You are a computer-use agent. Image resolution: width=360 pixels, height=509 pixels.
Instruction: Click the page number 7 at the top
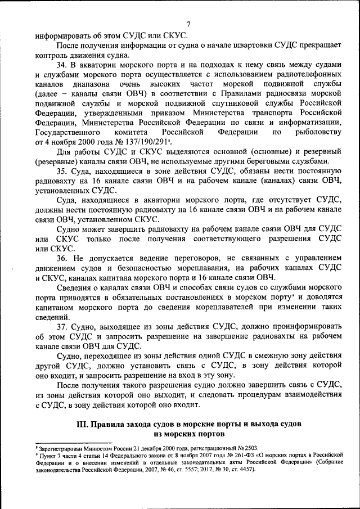pyautogui.click(x=188, y=23)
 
